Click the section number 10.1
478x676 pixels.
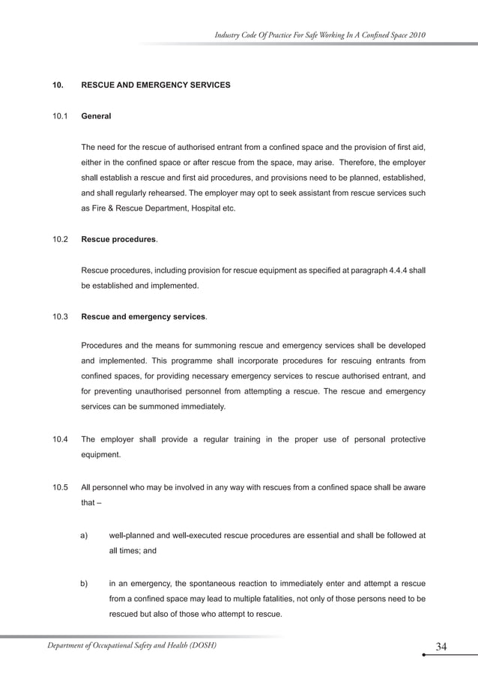pyautogui.click(x=60, y=117)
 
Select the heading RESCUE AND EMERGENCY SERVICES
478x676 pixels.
pyautogui.click(x=155, y=85)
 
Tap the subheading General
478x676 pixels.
pyautogui.click(x=96, y=117)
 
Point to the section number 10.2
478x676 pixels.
pyautogui.click(x=60, y=240)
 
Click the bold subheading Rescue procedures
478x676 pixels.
pyautogui.click(x=118, y=240)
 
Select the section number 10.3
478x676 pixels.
pyautogui.click(x=60, y=317)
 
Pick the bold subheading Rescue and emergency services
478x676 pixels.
pyautogui.click(x=142, y=317)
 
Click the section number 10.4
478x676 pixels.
pyautogui.click(x=60, y=438)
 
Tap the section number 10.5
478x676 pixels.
pyautogui.click(x=60, y=488)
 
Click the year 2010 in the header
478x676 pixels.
pyautogui.click(x=417, y=35)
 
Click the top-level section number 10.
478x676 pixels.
pyautogui.click(x=57, y=85)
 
